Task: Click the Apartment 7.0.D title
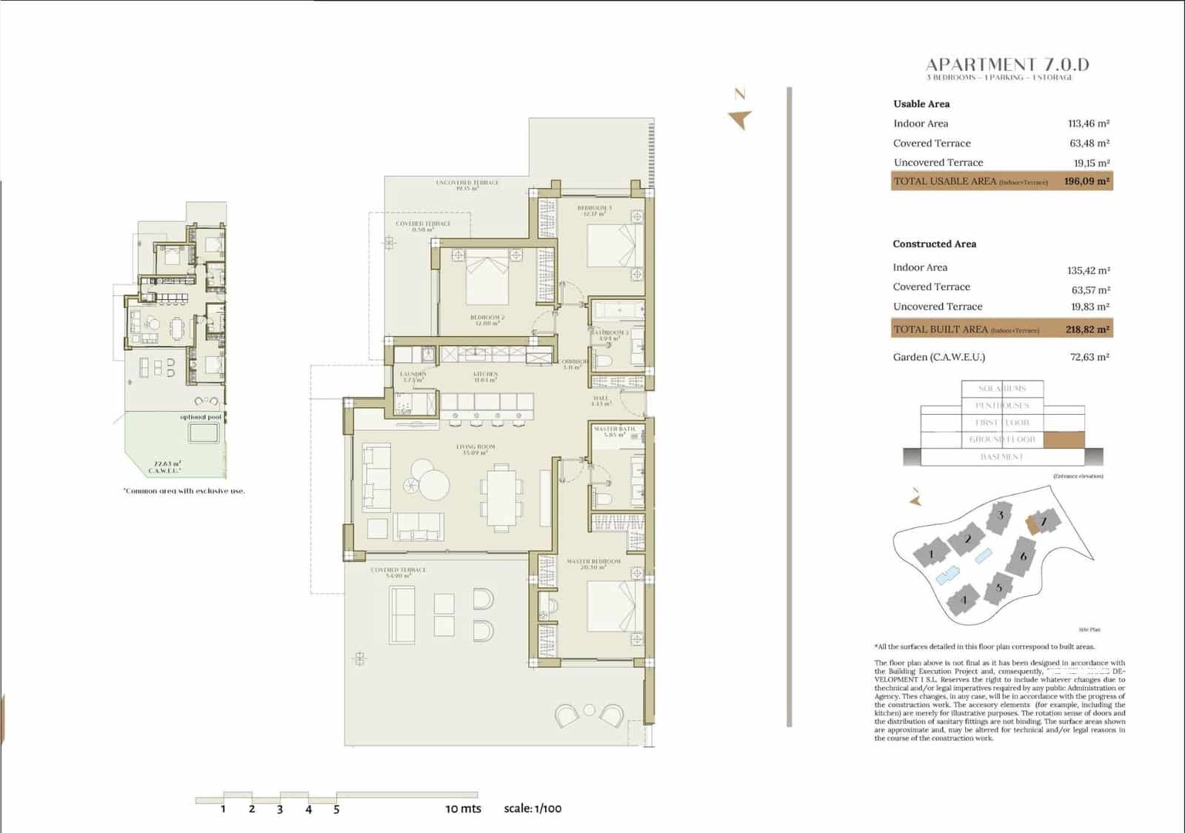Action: pos(1007,65)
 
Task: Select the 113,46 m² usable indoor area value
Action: pos(1088,124)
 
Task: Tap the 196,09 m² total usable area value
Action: pos(1086,181)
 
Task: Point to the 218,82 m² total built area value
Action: pos(1087,329)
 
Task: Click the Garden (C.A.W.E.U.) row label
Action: pos(939,357)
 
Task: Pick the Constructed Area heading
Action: pos(934,244)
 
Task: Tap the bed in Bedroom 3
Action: pos(611,244)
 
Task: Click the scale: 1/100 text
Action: pos(533,808)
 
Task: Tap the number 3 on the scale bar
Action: pos(280,809)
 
